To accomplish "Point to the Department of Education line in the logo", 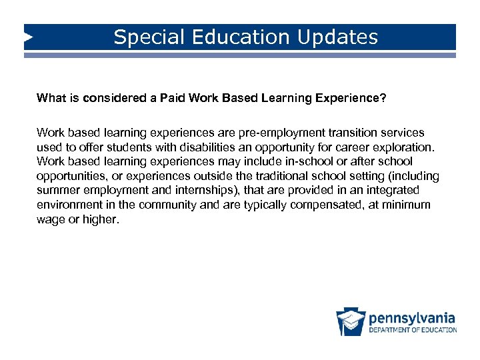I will point(413,329).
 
